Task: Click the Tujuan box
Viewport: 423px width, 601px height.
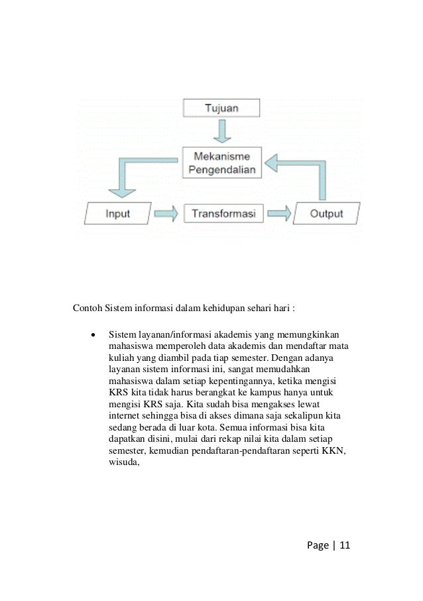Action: pos(221,107)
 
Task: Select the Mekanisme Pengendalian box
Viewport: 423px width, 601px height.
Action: pos(222,163)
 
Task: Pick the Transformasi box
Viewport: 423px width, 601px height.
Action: pos(222,214)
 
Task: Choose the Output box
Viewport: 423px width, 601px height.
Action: pos(326,214)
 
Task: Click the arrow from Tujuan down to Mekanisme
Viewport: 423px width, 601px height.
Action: pos(222,131)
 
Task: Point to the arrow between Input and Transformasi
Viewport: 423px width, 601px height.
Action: pos(166,214)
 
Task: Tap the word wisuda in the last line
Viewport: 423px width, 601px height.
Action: pos(121,463)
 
